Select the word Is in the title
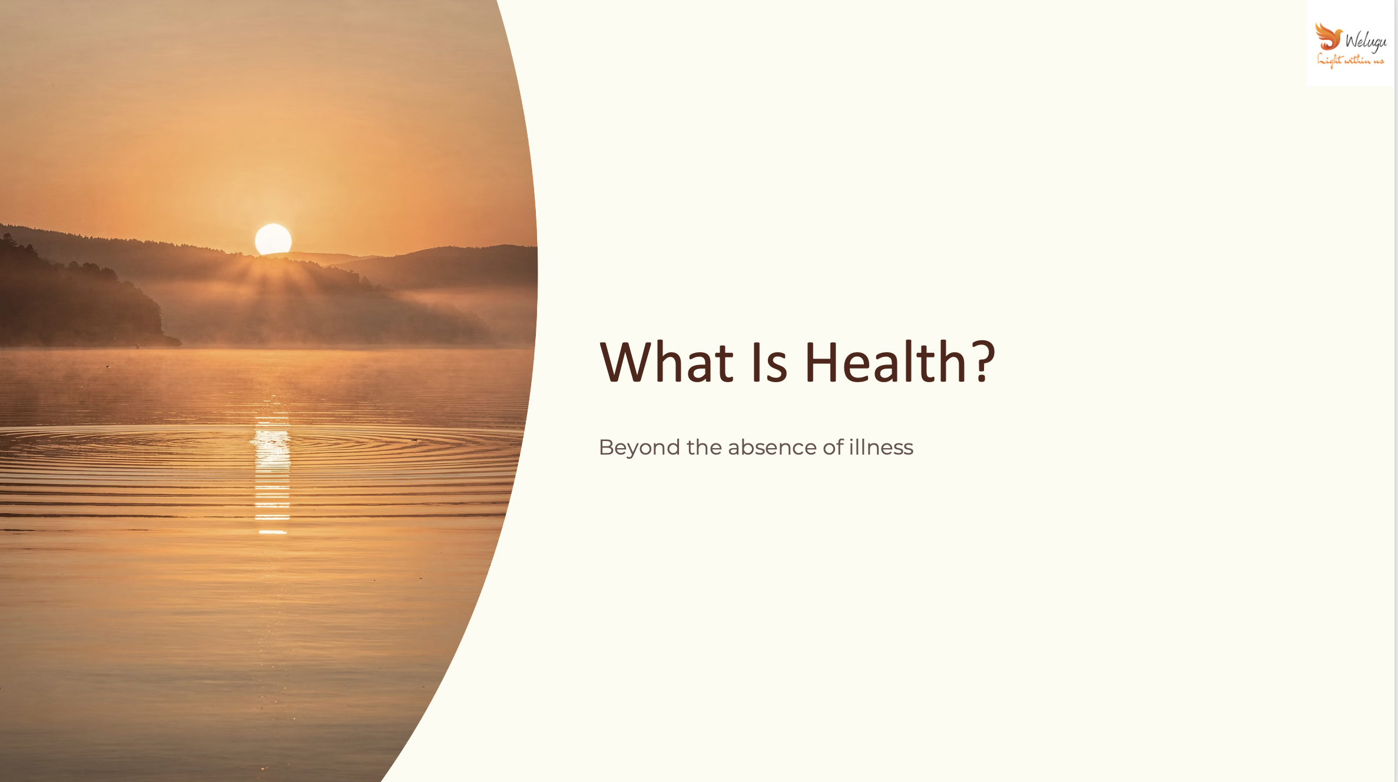(x=768, y=362)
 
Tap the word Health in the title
(x=886, y=362)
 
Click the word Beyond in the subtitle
(x=640, y=448)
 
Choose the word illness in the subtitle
(x=881, y=448)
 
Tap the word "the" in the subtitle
(x=704, y=448)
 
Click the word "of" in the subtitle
(x=833, y=448)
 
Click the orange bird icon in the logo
(x=1329, y=37)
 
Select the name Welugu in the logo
(x=1366, y=41)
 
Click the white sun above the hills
(x=273, y=239)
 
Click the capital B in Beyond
(x=607, y=448)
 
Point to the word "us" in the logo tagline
(x=1379, y=61)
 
